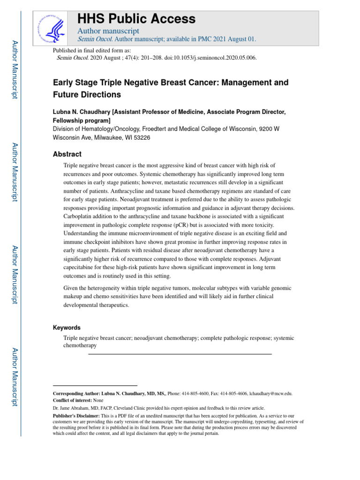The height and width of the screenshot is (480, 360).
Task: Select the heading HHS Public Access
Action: (136, 19)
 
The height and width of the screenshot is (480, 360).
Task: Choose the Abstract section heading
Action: (67, 154)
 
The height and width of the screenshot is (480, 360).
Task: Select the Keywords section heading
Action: (67, 328)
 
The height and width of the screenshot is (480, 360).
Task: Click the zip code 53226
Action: (141, 137)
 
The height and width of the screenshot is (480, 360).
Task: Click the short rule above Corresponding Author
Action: (95, 385)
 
